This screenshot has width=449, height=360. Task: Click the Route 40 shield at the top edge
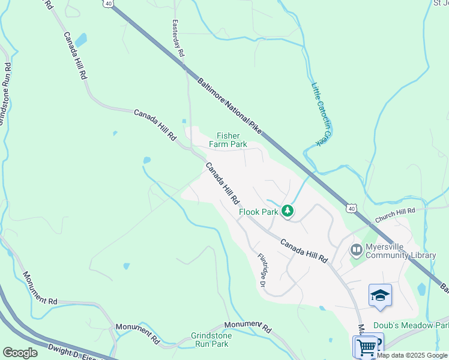[x=107, y=3]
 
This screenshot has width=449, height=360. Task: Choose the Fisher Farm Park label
[x=228, y=140]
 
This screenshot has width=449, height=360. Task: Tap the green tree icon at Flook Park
[x=288, y=211]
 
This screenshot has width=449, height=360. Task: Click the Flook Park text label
[x=258, y=212]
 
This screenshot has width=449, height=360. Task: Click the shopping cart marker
[x=366, y=346]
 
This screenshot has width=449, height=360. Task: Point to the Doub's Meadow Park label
[x=411, y=325]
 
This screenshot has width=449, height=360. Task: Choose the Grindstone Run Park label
[x=211, y=340]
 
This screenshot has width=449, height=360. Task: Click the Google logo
[x=20, y=353]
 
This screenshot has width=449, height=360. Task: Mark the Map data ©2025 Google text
[x=412, y=355]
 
